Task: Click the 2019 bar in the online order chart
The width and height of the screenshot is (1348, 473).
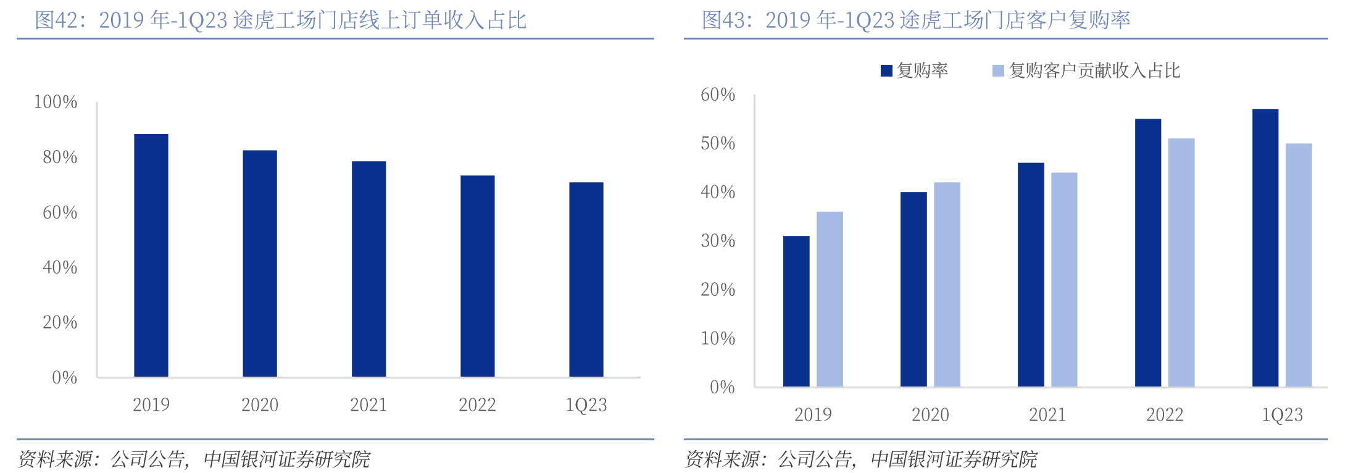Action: [x=151, y=255]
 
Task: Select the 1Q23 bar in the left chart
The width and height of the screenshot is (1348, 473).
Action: [x=586, y=279]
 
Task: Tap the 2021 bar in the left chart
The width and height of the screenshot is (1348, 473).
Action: [x=368, y=269]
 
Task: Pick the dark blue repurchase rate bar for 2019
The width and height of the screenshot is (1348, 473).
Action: [x=796, y=311]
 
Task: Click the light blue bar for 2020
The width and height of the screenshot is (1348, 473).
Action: [x=947, y=284]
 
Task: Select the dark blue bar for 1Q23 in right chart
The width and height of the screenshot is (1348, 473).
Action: [x=1265, y=248]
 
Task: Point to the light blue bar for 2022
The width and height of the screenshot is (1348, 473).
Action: [x=1181, y=262]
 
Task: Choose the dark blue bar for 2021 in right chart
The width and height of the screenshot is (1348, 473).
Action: [x=1031, y=275]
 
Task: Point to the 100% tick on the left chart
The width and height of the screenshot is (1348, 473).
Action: [x=56, y=102]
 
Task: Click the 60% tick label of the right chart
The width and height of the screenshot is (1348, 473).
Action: [x=718, y=94]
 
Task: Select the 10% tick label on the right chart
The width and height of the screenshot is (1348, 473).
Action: [x=718, y=338]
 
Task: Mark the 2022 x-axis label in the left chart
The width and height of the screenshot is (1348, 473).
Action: [x=477, y=405]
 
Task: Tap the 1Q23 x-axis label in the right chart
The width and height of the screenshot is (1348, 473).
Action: [x=1282, y=415]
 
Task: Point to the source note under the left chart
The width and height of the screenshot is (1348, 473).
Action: [x=194, y=459]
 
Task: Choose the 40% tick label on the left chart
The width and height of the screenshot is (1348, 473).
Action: [x=60, y=267]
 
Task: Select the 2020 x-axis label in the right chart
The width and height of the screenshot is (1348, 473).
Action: [x=930, y=415]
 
